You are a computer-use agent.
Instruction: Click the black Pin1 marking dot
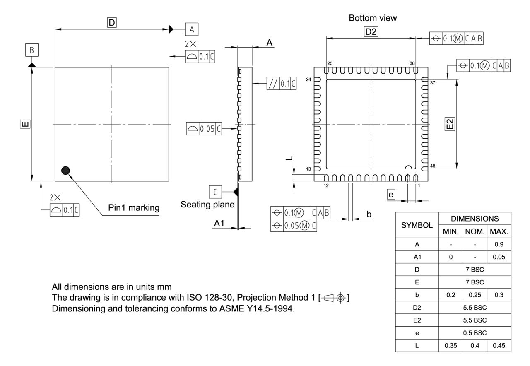(x=65, y=170)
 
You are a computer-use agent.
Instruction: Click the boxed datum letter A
(x=191, y=29)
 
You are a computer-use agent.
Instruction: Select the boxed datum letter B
(x=32, y=51)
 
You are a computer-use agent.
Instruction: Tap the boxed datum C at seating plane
(x=215, y=192)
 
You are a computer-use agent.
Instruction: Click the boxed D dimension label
(x=111, y=23)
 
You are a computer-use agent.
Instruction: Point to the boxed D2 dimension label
(x=371, y=31)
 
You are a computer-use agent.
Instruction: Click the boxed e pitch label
(x=391, y=194)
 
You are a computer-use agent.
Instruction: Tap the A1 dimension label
(x=219, y=223)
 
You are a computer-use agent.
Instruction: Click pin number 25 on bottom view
(x=330, y=63)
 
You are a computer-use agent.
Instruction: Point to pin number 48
(x=433, y=166)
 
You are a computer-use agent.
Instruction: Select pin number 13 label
(x=308, y=169)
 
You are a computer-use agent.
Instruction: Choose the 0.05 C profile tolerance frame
(x=204, y=129)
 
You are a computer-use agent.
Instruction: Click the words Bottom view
(x=373, y=18)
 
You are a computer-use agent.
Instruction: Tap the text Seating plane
(x=207, y=205)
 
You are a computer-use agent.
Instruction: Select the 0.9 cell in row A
(x=499, y=244)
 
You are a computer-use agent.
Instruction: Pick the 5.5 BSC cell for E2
(x=475, y=320)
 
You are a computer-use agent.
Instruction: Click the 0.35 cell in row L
(x=450, y=345)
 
